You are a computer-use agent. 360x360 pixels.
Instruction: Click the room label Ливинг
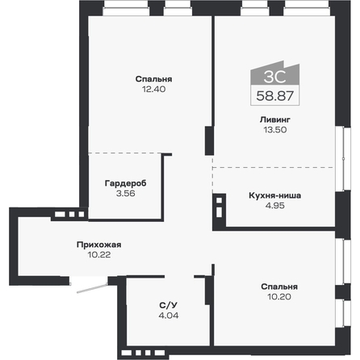tap(274, 119)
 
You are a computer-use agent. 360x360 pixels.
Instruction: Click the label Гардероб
tap(125, 182)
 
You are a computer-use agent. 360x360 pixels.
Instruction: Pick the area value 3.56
tap(125, 194)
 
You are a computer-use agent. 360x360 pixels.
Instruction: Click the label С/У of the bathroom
tap(164, 304)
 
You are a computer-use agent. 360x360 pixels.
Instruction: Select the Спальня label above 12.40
tap(155, 78)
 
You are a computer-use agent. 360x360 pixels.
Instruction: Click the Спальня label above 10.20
tap(279, 287)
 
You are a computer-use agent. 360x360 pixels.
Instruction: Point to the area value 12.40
tap(155, 90)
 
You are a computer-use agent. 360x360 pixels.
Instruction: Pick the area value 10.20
tap(279, 298)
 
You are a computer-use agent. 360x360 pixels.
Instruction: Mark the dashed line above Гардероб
tap(125, 153)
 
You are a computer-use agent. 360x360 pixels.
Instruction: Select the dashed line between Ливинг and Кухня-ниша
tap(274, 167)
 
